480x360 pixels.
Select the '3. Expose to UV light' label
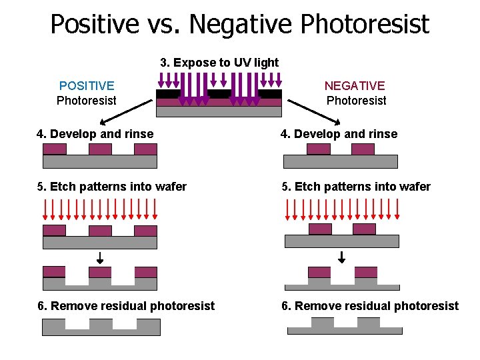tap(219, 63)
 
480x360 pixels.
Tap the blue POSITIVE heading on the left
tap(87, 85)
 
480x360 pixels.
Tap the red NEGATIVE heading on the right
tap(355, 85)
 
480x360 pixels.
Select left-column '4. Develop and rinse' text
tap(95, 134)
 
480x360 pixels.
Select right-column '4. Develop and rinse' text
tap(339, 134)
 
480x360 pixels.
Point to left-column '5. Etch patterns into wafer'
tap(112, 187)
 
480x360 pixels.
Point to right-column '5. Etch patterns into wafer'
tap(356, 187)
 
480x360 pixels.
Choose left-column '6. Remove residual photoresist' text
tap(126, 306)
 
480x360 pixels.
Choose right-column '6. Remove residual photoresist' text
tap(370, 306)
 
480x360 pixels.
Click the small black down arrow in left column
tap(99, 257)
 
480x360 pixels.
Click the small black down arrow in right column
tap(342, 257)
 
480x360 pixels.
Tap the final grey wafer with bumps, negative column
tap(345, 327)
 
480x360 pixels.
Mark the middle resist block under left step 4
tap(100, 149)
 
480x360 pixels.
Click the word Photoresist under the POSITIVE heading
tap(87, 101)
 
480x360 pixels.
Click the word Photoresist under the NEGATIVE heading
tap(356, 101)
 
